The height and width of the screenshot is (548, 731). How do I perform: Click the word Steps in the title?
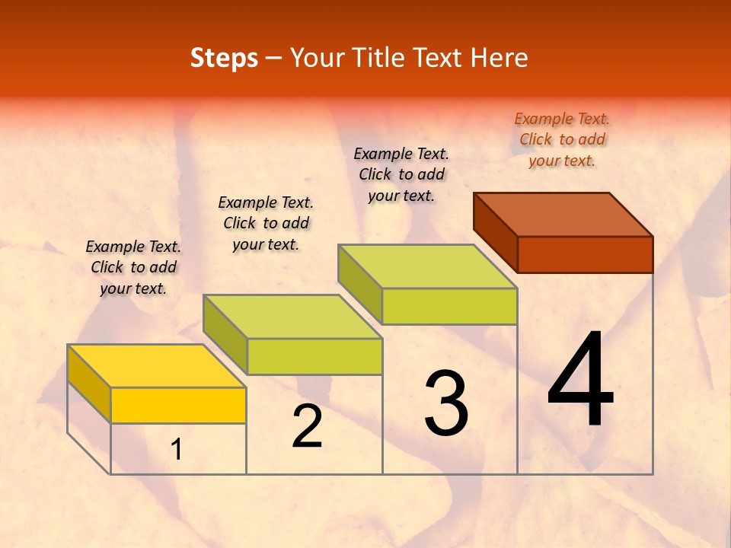[x=224, y=58]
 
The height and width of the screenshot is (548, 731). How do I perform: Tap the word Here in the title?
[x=499, y=58]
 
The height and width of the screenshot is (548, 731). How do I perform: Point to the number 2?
[x=308, y=426]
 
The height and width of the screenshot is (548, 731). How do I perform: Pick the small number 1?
[x=177, y=450]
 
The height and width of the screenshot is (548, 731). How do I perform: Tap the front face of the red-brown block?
[x=585, y=254]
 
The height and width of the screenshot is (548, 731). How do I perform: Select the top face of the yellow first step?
[x=156, y=366]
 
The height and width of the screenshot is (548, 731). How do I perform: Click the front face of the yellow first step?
[x=178, y=405]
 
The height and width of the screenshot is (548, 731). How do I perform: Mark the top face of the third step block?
[x=427, y=266]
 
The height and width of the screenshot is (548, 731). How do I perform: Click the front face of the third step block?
[x=449, y=306]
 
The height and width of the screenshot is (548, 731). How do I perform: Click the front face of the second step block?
[x=314, y=356]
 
